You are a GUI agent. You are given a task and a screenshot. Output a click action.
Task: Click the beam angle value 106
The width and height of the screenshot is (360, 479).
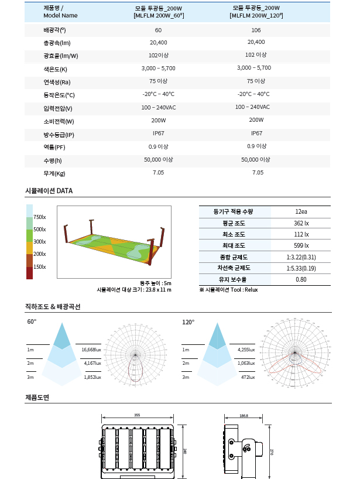[256, 30]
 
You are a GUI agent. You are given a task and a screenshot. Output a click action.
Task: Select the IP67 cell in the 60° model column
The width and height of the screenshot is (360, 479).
[158, 134]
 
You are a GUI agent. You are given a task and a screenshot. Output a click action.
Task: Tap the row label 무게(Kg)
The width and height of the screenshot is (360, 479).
[54, 173]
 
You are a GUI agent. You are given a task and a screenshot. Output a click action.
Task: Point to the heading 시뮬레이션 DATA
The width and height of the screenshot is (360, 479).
[49, 191]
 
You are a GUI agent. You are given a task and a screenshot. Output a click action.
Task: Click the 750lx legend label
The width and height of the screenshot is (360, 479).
[40, 217]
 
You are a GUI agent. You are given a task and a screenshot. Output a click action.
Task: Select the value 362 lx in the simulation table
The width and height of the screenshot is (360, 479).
[301, 223]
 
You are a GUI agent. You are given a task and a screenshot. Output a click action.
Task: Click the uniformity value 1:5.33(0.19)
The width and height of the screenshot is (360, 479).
[301, 268]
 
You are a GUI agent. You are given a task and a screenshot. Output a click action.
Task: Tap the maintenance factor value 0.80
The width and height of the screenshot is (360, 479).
[301, 279]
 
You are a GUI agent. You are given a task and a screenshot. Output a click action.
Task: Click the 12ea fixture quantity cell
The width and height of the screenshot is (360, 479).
[301, 211]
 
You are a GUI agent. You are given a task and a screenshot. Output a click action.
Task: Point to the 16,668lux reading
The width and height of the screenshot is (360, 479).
[91, 350]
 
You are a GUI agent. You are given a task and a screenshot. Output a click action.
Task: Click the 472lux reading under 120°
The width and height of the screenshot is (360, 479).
[246, 377]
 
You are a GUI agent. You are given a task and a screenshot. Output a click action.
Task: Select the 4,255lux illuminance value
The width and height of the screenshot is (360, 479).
[246, 350]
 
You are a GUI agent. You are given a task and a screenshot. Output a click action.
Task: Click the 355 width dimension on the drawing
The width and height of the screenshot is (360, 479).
[137, 415]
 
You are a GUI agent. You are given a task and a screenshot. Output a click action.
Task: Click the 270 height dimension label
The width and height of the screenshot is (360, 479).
[272, 451]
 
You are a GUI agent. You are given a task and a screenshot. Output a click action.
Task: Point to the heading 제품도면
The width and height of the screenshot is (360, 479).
[37, 398]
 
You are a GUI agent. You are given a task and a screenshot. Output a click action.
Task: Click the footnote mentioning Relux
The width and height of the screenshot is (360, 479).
[228, 289]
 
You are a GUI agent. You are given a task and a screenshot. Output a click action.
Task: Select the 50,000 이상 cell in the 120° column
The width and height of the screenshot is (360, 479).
[256, 159]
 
